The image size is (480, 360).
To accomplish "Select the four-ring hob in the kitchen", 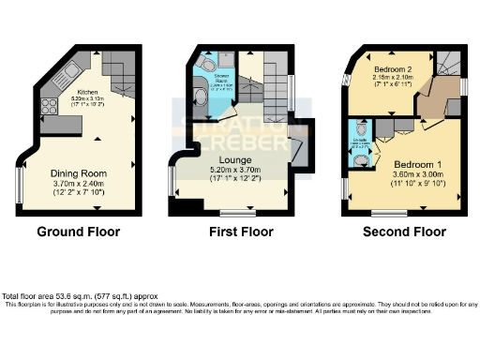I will (x=49, y=106).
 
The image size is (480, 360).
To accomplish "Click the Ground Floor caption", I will (x=80, y=231).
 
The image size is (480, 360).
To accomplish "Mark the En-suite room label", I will (x=359, y=142).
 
